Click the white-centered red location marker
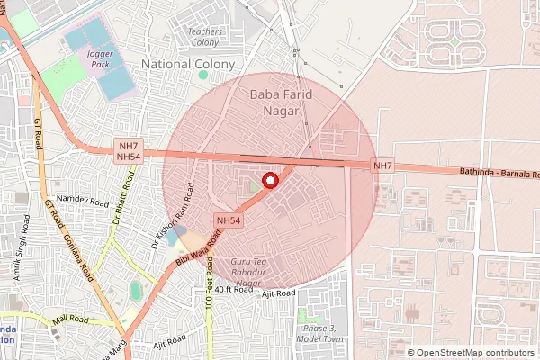pyautogui.click(x=268, y=181)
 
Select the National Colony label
pyautogui.click(x=189, y=65)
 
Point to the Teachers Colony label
pyautogui.click(x=205, y=37)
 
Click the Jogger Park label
pyautogui.click(x=100, y=60)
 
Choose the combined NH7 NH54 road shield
pyautogui.click(x=129, y=151)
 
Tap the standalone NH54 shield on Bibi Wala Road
pyautogui.click(x=228, y=220)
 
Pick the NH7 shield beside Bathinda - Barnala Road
pyautogui.click(x=383, y=166)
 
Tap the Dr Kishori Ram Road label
pyautogui.click(x=173, y=216)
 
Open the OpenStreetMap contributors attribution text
pyautogui.click(x=475, y=352)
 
